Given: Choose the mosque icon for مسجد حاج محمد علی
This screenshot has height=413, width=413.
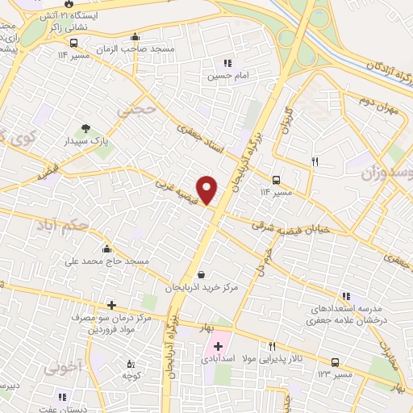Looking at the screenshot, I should click(x=107, y=249).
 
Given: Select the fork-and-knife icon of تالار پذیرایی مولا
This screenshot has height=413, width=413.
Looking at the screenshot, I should click(x=272, y=345).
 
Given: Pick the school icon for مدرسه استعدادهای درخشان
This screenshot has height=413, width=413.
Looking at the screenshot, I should click(x=346, y=296).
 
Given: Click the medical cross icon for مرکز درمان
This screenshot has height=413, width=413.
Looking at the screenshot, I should click(x=112, y=306).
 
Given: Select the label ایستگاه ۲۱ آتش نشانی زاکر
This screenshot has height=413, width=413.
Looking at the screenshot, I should click(x=64, y=19).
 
